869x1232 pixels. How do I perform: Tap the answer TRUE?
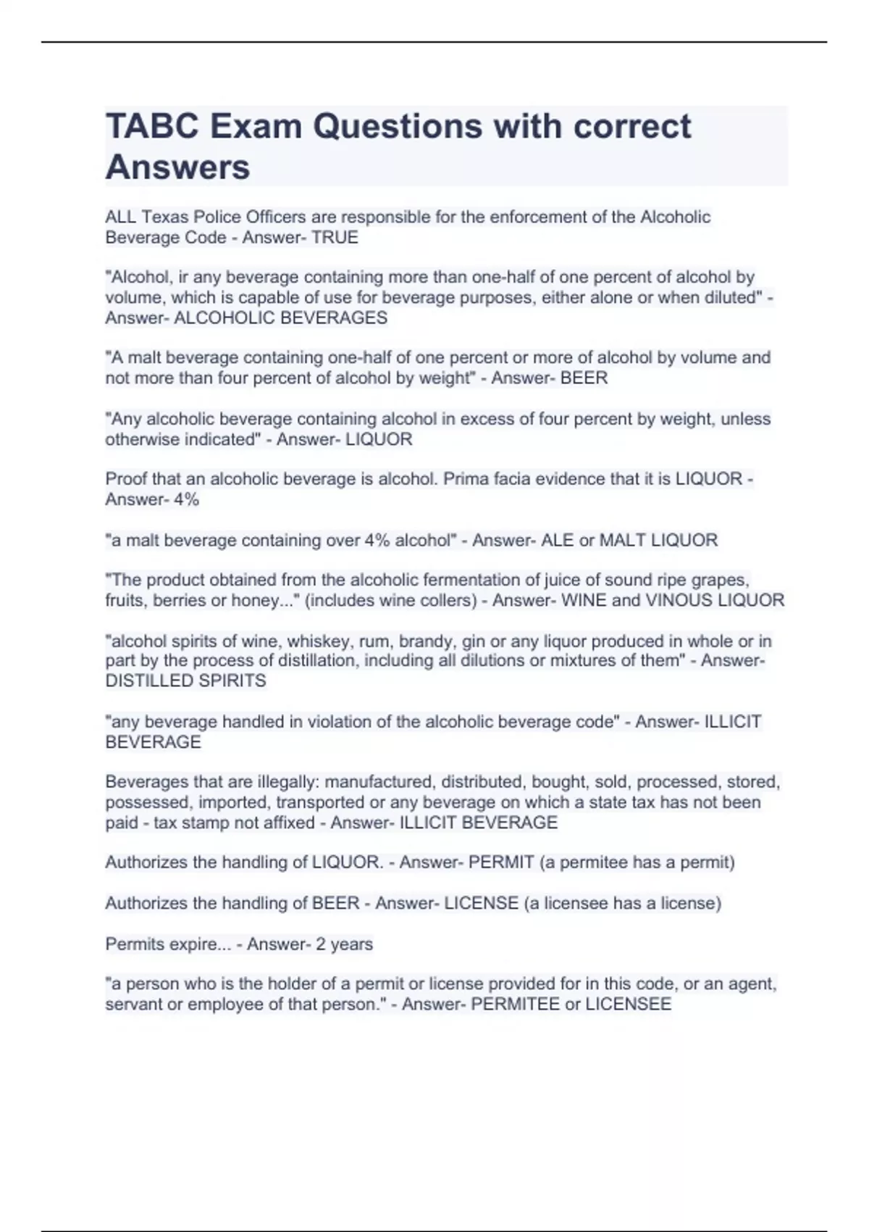335,238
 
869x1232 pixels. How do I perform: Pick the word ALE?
557,540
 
